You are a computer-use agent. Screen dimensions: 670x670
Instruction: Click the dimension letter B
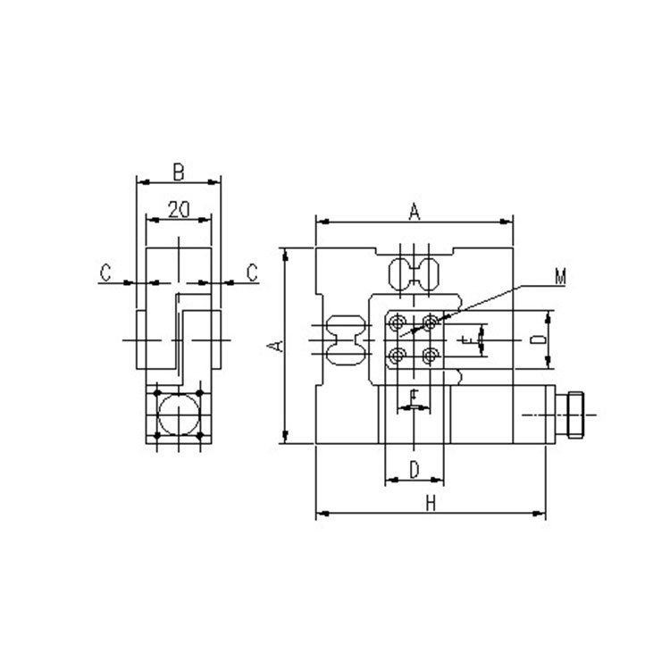178,169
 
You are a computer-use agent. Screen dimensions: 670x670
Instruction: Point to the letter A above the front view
415,212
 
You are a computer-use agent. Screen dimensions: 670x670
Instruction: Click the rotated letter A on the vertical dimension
277,345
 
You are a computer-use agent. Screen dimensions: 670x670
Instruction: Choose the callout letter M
560,278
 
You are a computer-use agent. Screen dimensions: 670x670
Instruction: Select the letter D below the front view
415,469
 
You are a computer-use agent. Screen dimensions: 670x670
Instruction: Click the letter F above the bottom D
414,395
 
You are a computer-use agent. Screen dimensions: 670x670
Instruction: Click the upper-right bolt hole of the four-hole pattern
431,322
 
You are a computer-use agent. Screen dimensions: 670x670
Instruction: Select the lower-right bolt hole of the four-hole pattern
431,356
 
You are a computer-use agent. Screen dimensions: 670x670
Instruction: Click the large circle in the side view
179,415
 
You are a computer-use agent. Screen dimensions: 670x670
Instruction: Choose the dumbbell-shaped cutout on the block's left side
346,340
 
